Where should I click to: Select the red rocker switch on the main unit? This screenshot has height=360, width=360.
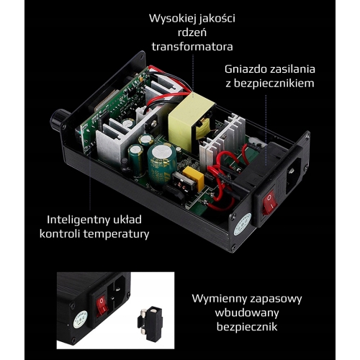tap(269, 202)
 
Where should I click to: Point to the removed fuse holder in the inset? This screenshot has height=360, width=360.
tap(150, 321)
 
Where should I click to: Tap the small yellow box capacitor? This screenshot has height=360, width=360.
tap(193, 175)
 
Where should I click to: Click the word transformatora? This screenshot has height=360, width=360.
tap(192, 46)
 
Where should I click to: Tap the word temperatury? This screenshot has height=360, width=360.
tap(117, 234)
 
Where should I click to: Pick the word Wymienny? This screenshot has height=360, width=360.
tap(220, 299)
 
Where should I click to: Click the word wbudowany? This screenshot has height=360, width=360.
tap(247, 312)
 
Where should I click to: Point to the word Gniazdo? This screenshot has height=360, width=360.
tap(246, 69)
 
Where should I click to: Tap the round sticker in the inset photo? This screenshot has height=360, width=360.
tap(80, 318)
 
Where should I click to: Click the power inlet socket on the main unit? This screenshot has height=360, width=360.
tap(292, 172)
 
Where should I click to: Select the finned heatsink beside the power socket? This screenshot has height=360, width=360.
tap(222, 142)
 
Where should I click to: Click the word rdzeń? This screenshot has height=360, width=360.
tap(192, 32)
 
